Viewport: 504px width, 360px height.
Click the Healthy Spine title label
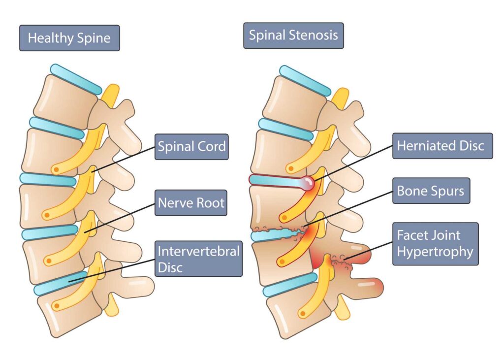[69, 38]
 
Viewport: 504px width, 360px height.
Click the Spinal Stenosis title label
[293, 35]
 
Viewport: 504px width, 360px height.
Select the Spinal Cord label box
[191, 147]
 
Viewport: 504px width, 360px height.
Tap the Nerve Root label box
[191, 202]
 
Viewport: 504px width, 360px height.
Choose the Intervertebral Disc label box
[198, 259]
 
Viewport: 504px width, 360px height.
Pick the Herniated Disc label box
[442, 146]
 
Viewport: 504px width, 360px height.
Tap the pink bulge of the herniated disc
[309, 183]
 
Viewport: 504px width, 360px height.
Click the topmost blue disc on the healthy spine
[76, 79]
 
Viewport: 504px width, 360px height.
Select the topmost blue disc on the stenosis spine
[305, 80]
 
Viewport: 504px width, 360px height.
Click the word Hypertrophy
[435, 252]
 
